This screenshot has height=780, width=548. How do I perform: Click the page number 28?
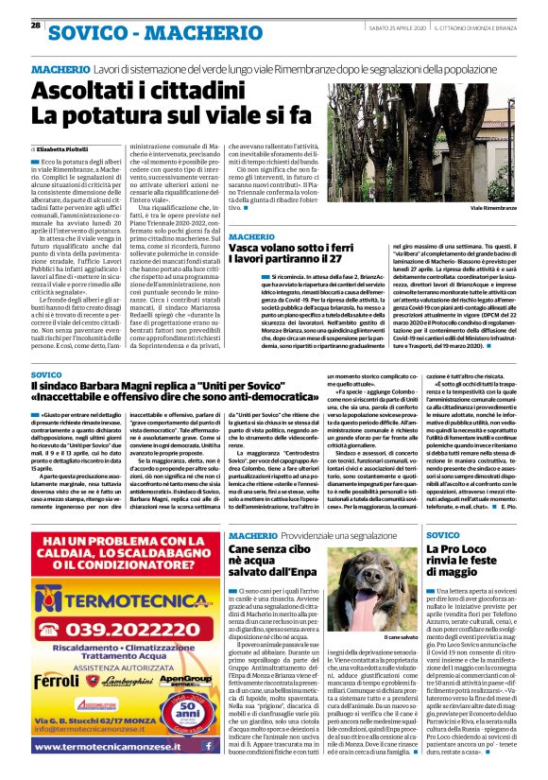35,25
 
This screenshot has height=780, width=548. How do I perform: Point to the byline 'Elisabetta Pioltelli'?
66,149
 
